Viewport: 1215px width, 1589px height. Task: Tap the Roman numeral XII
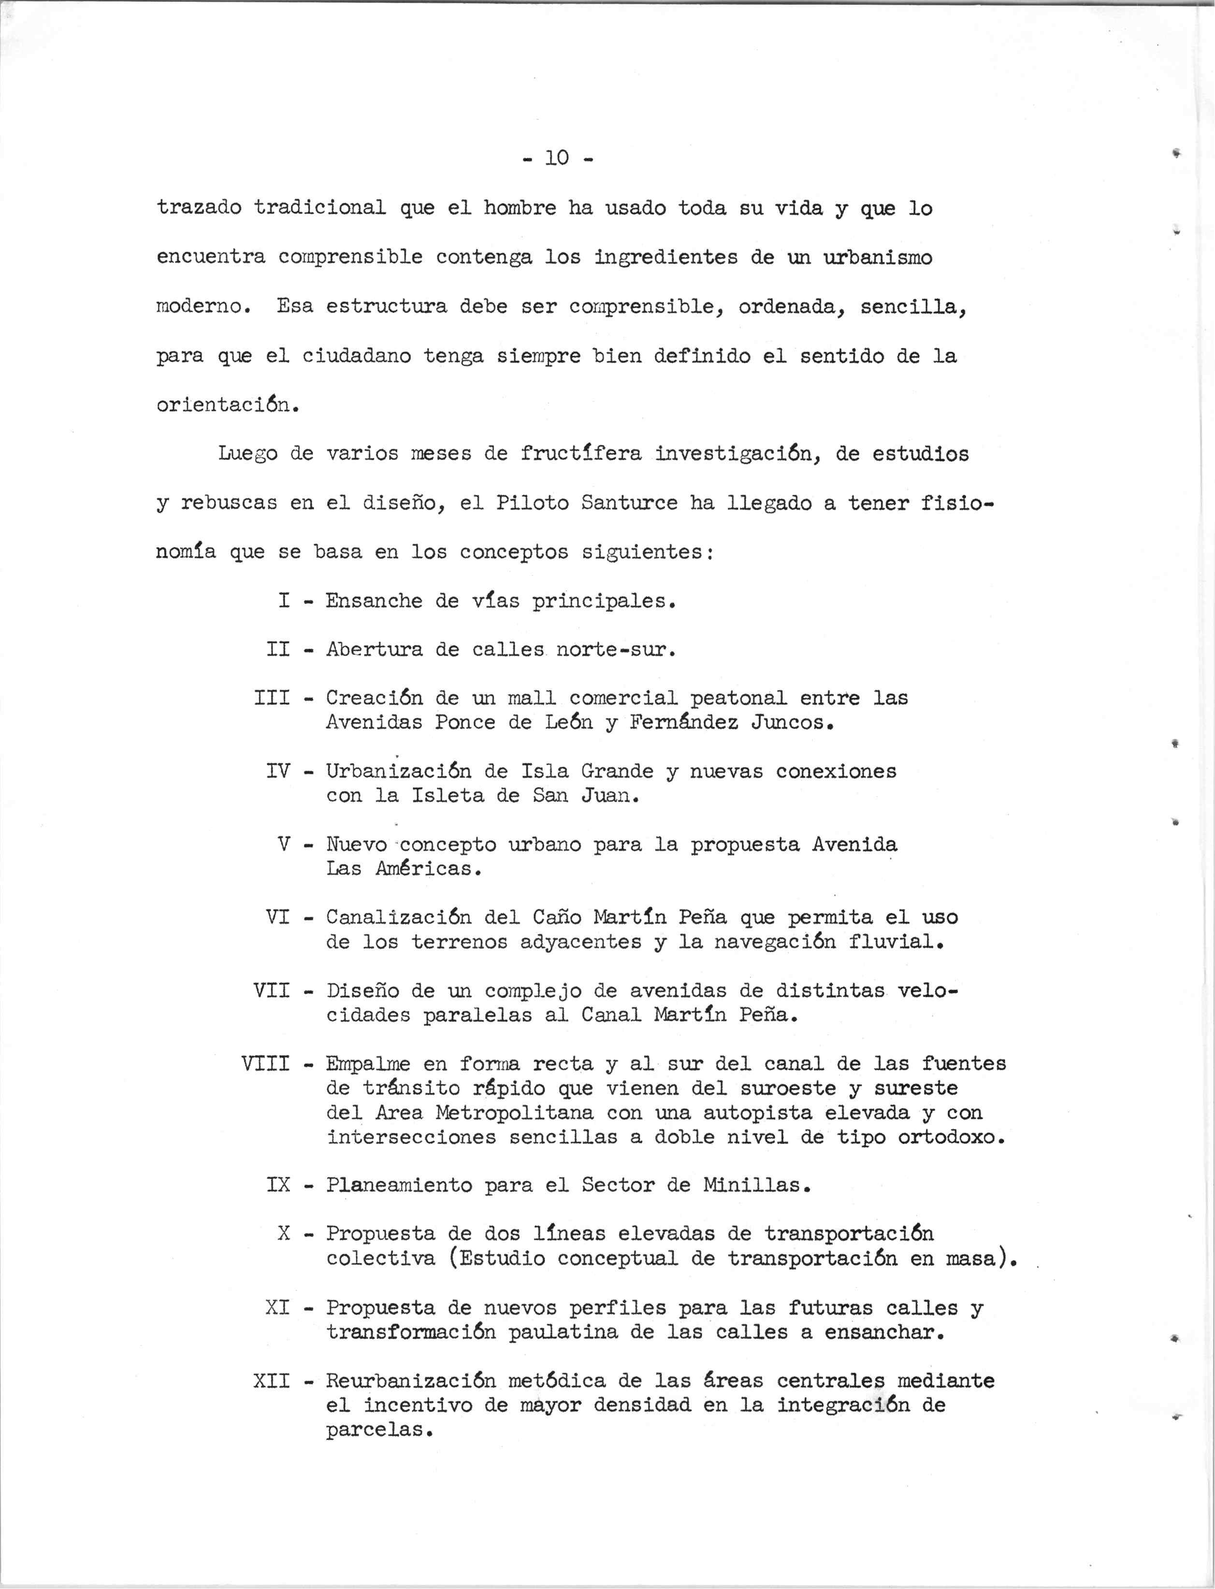[272, 1381]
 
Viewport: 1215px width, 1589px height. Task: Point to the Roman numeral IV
[278, 772]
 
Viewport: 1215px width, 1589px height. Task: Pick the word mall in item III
[532, 698]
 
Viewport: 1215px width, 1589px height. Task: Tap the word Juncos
[793, 723]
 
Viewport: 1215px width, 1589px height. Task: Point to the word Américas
[429, 869]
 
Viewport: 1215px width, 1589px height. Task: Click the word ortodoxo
[952, 1137]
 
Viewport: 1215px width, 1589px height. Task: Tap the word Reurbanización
[411, 1381]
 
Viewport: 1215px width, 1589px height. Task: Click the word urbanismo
[878, 258]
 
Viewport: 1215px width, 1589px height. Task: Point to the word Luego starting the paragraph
[247, 454]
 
